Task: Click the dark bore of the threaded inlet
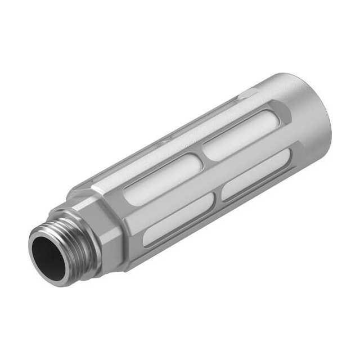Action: coord(49,256)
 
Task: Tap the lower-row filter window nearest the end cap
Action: coord(256,174)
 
